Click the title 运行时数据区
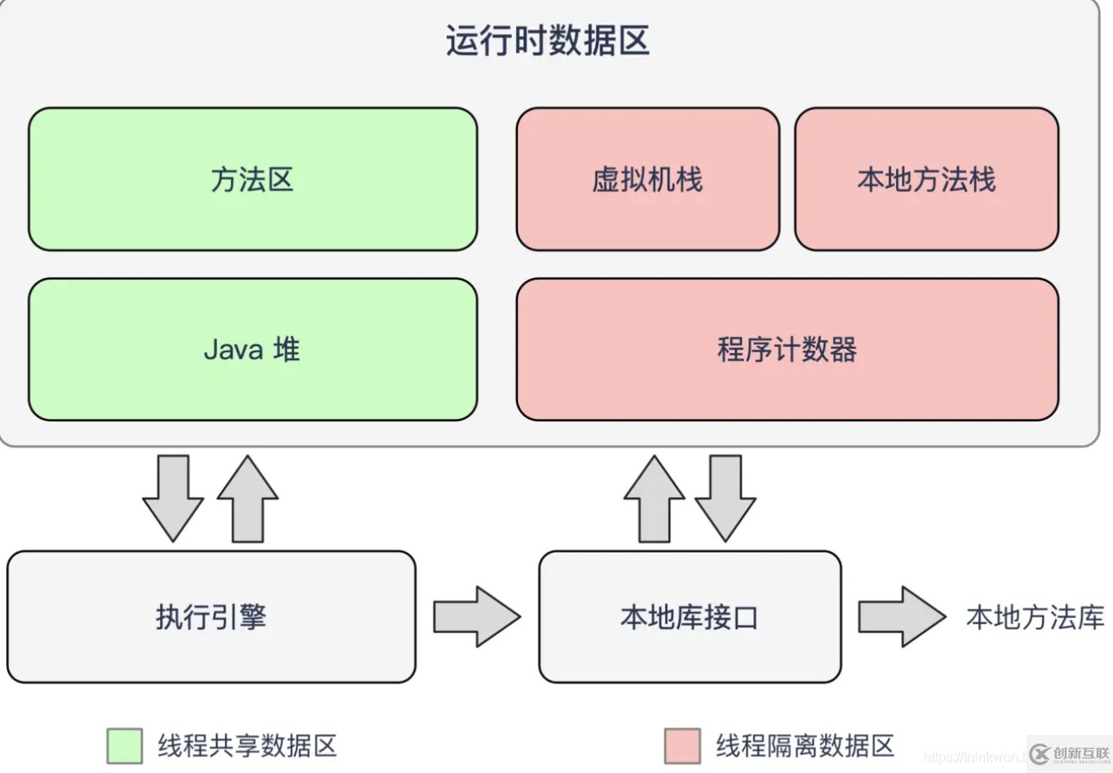click(547, 41)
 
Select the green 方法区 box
click(253, 179)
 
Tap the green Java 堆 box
click(253, 349)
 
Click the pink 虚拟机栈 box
click(648, 179)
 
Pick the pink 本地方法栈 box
click(926, 179)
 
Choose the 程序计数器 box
click(787, 349)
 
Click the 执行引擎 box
click(211, 617)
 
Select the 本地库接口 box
click(689, 617)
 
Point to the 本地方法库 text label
click(1035, 617)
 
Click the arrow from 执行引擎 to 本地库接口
click(476, 616)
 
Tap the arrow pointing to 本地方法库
click(901, 616)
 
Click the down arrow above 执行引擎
click(173, 499)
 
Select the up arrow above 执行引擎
click(247, 499)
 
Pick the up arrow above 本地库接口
click(654, 499)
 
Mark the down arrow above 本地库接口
click(726, 499)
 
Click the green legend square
click(125, 745)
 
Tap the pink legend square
click(682, 745)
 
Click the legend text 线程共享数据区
click(247, 745)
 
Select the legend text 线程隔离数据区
click(805, 745)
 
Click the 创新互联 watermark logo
click(1068, 753)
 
